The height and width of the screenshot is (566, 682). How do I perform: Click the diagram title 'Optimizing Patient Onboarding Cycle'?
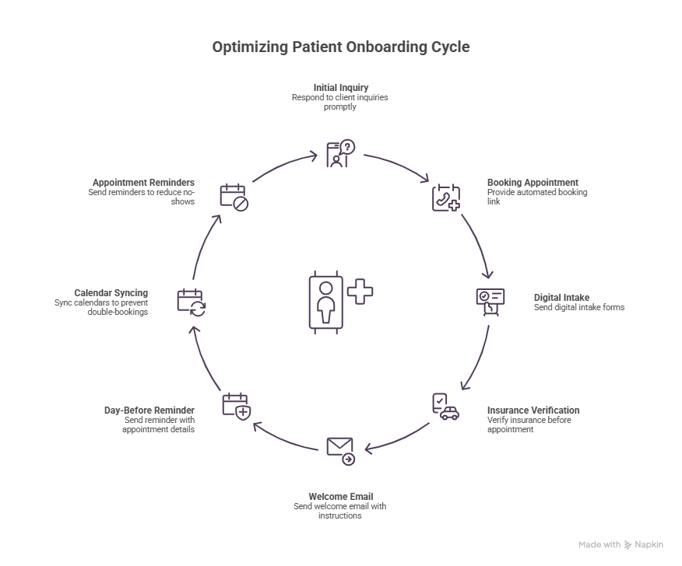tap(341, 47)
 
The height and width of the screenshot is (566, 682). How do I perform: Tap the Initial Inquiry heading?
tap(341, 88)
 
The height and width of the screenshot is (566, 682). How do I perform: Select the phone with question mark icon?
tap(340, 154)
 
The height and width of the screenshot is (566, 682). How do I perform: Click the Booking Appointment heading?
tap(533, 183)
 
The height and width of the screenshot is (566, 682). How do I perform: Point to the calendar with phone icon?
tap(446, 197)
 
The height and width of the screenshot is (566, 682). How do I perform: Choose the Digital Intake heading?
tap(561, 297)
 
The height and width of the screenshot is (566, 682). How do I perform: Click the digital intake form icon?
tap(490, 301)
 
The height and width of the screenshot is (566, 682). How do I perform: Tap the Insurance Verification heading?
tap(533, 411)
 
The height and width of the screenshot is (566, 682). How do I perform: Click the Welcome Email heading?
tap(340, 497)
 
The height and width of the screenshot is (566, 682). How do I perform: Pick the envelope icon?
tap(340, 450)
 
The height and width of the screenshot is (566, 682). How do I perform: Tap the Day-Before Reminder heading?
tap(149, 411)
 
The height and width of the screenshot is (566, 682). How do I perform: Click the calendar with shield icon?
tap(236, 407)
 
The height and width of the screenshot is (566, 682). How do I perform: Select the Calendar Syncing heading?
tap(111, 293)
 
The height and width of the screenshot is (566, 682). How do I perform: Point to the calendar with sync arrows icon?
tap(192, 301)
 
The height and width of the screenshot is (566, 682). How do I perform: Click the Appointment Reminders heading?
tap(143, 183)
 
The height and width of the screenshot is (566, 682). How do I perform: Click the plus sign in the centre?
tap(360, 292)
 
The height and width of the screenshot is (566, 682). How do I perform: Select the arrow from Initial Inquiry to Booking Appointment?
tap(397, 165)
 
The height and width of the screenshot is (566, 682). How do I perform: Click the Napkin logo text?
tap(649, 545)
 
